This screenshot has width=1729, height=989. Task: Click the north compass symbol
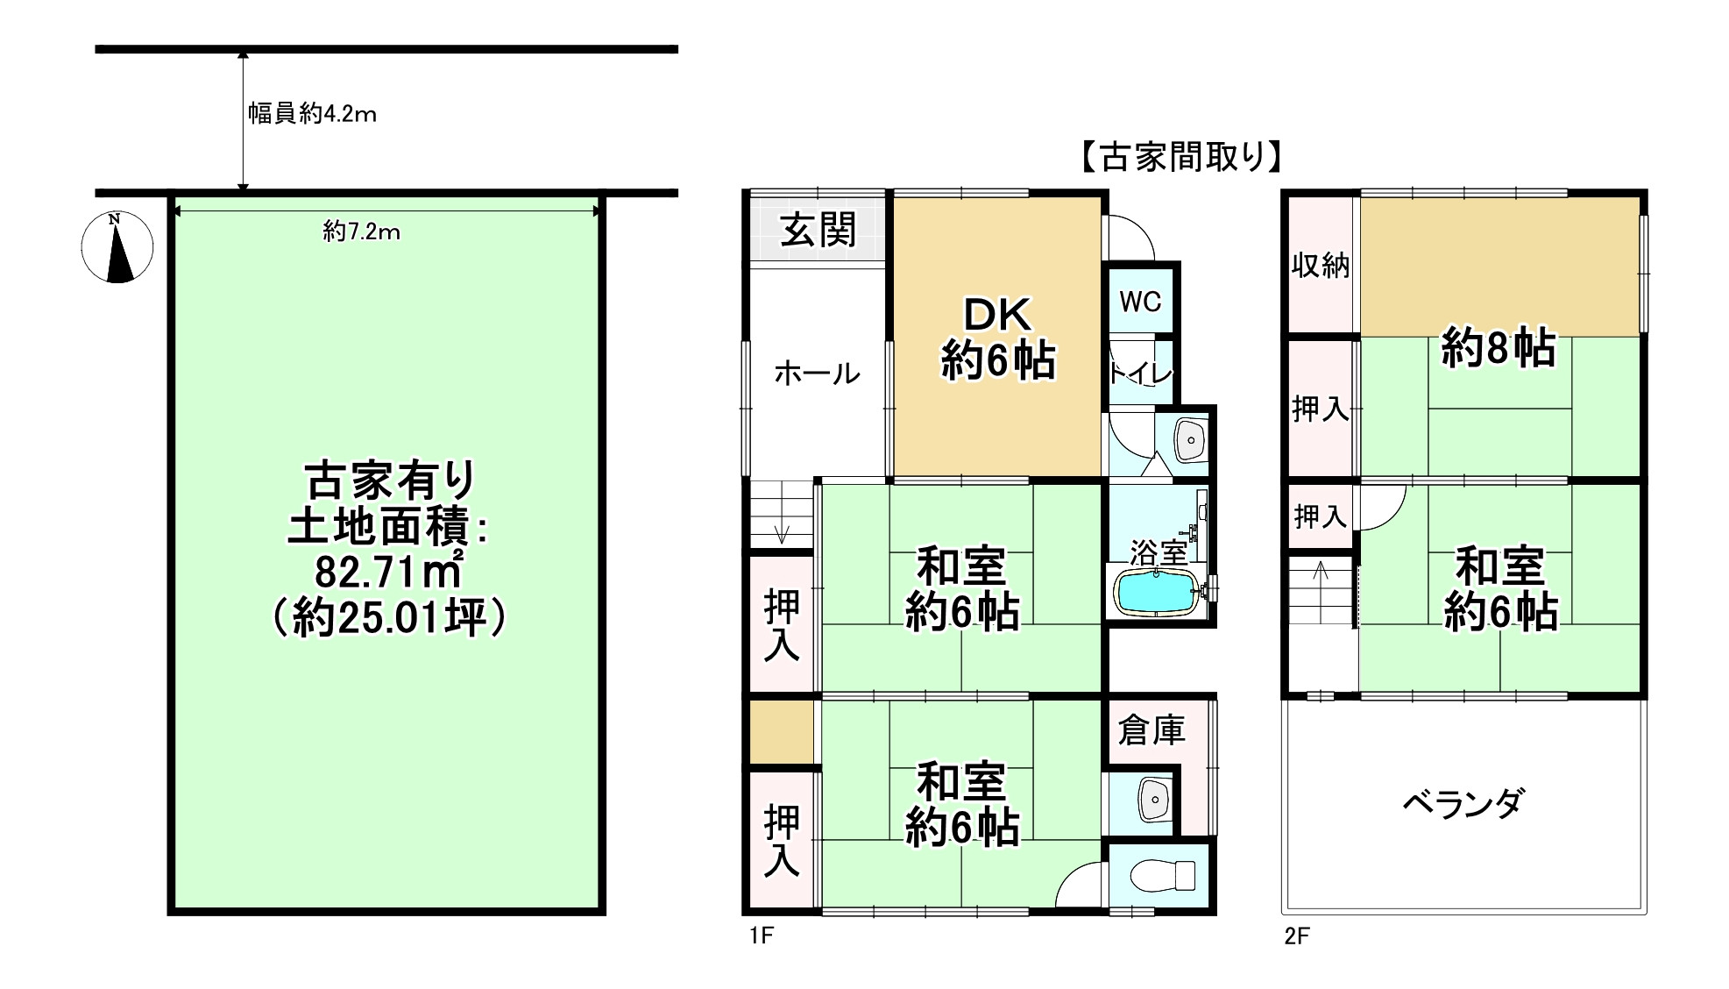point(117,247)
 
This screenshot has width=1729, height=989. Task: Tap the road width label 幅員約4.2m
point(312,114)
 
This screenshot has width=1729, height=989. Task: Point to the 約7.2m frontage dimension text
point(361,231)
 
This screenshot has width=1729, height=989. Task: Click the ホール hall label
point(817,374)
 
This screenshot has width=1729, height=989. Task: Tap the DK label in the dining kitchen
point(997,315)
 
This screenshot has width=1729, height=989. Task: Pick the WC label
point(1140,302)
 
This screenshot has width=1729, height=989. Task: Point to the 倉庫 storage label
point(1151,729)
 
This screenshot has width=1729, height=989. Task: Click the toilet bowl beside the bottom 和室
point(1163,875)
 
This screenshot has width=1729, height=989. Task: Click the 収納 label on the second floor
point(1320,265)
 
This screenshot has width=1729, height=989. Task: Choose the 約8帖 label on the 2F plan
point(1499,348)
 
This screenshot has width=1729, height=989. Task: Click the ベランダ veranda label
point(1463,803)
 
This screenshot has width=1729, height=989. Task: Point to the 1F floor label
point(762,936)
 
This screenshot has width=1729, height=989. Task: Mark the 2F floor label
point(1297,936)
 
